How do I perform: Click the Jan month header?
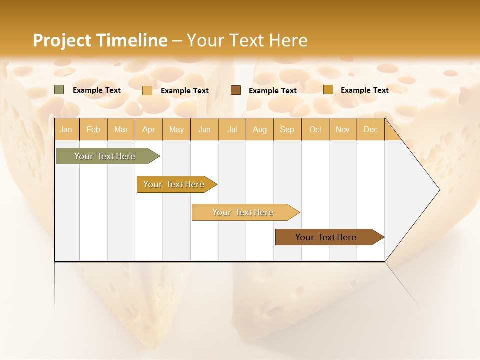coord(66,130)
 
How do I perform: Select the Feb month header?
coord(93,130)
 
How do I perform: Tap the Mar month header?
coord(121,130)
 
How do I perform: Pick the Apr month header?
coord(149,130)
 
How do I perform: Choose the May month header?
coord(176,130)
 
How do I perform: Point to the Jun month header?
coord(204,130)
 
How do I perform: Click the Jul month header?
coord(232,130)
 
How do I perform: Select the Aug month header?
coord(260,130)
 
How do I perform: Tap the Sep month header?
coord(287,130)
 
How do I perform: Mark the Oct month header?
coord(315,130)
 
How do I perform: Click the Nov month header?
coord(343,130)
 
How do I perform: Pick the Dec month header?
coord(371,130)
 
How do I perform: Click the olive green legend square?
coord(59,90)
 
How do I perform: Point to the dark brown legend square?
coord(236,90)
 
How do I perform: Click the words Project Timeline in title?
coord(100,40)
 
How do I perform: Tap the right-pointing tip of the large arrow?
coord(438,190)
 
